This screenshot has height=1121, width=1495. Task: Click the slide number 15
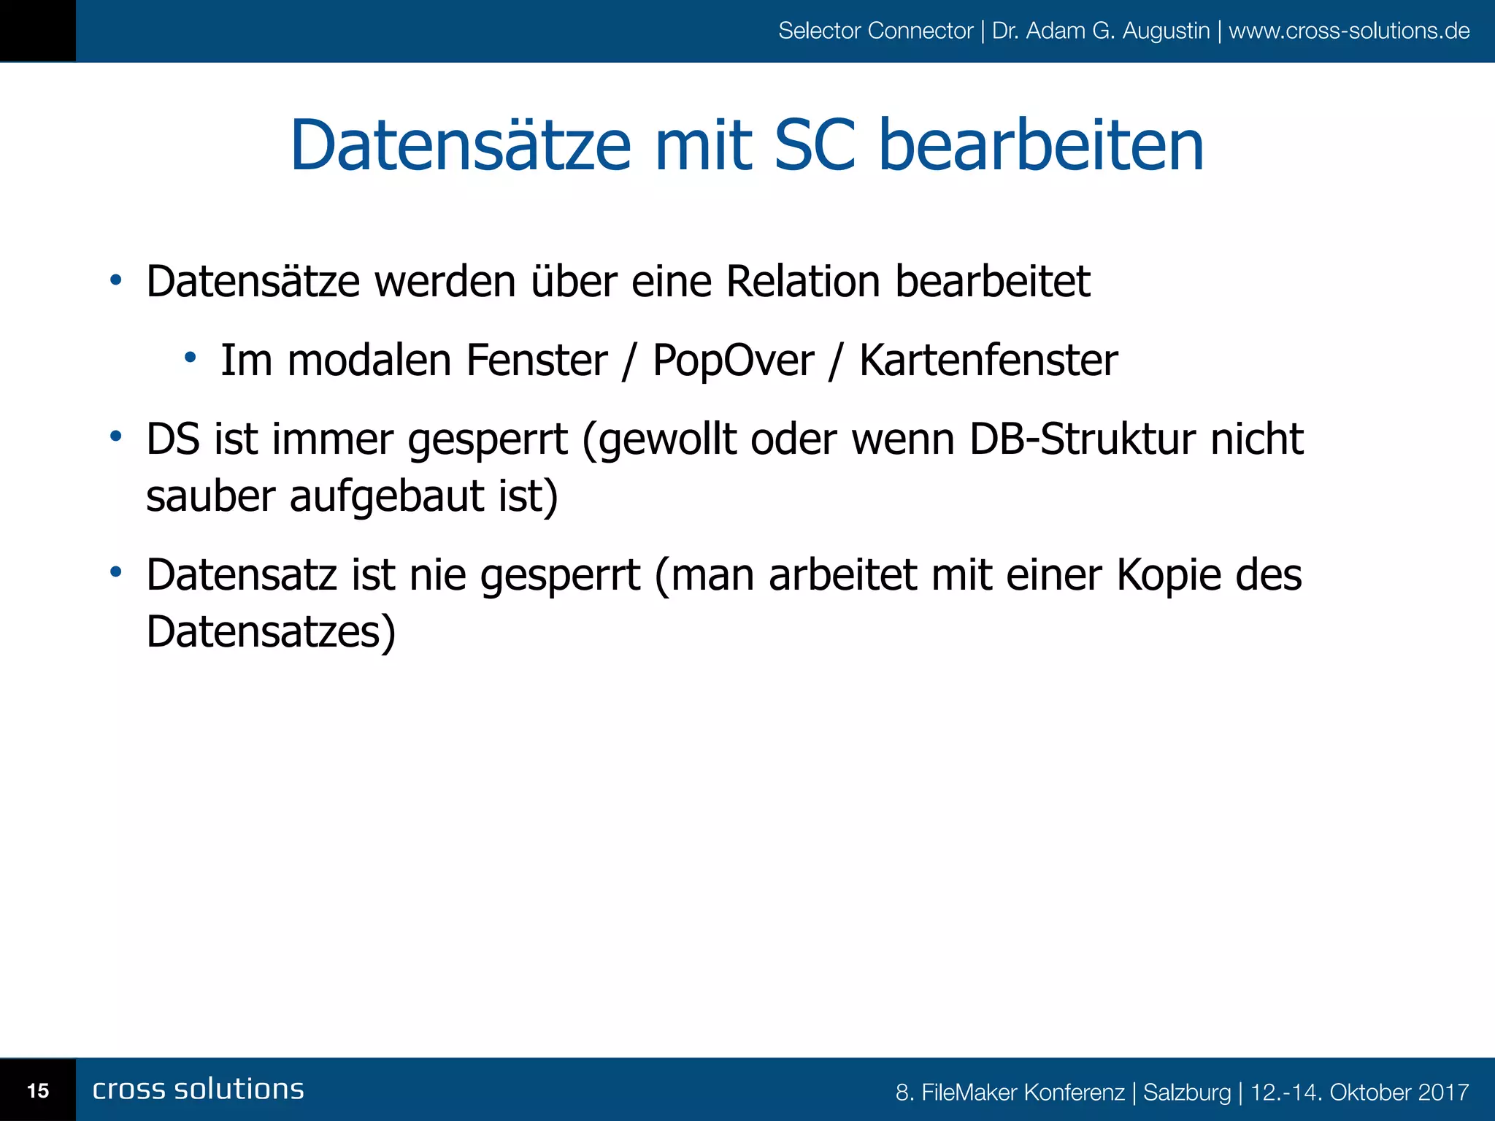pyautogui.click(x=38, y=1091)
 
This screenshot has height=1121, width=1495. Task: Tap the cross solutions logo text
pyautogui.click(x=199, y=1089)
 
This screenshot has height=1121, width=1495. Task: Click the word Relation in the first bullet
pyautogui.click(x=803, y=282)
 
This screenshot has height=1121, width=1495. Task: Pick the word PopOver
pyautogui.click(x=733, y=361)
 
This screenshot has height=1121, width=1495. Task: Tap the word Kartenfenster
pyautogui.click(x=988, y=361)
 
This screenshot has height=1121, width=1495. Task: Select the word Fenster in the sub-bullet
pyautogui.click(x=537, y=361)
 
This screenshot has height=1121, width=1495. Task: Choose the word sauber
pyautogui.click(x=210, y=496)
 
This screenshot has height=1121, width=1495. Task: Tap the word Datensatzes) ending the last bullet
pyautogui.click(x=271, y=632)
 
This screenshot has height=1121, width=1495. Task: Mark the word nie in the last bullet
pyautogui.click(x=437, y=575)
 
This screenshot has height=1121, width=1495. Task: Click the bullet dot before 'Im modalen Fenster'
pyautogui.click(x=191, y=358)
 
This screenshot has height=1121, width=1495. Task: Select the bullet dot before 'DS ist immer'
pyautogui.click(x=115, y=436)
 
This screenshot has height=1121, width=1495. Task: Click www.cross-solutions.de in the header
pyautogui.click(x=1349, y=31)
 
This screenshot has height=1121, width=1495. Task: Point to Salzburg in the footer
pyautogui.click(x=1187, y=1093)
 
